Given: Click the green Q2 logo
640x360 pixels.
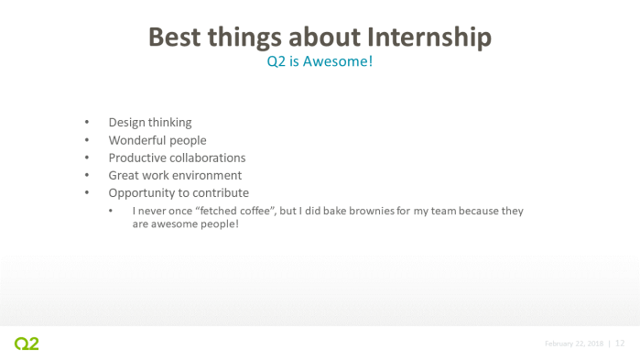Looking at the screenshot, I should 27,344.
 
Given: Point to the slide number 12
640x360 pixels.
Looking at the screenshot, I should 620,344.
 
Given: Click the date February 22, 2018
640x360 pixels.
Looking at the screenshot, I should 574,344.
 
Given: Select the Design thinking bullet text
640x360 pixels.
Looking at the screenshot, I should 150,123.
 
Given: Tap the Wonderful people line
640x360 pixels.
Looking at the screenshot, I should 157,140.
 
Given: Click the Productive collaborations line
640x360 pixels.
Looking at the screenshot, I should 177,158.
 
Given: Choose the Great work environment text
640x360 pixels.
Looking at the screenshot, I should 175,175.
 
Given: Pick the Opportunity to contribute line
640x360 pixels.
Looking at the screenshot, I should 179,193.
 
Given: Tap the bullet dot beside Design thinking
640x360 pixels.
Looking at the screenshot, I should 88,123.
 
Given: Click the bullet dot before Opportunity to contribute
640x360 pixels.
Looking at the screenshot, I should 88,193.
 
